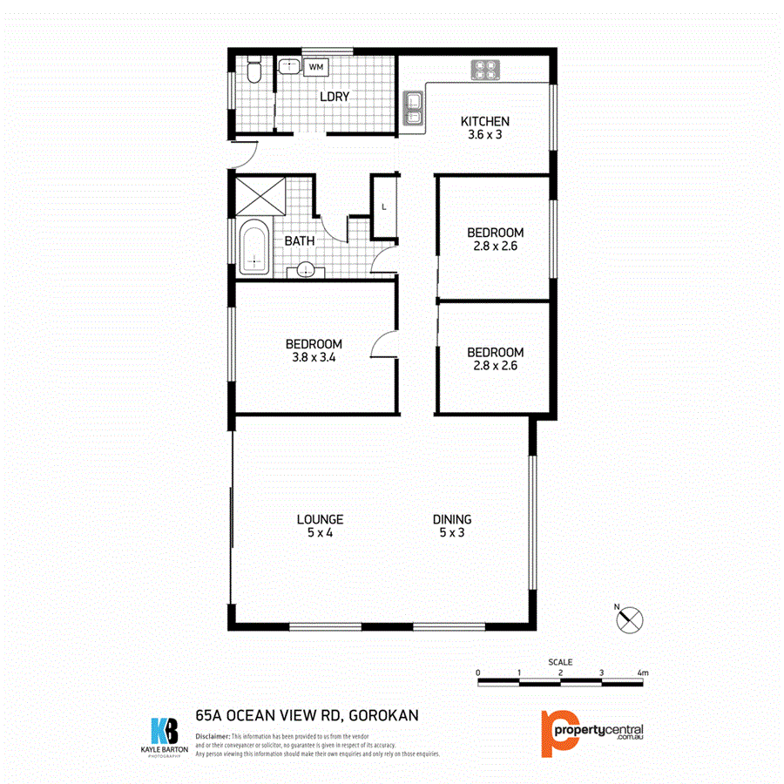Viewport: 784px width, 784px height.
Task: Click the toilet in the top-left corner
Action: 253,71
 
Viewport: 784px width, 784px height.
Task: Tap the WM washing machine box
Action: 315,66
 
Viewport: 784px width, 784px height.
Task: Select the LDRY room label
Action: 334,97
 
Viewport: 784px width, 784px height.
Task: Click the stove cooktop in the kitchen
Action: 485,69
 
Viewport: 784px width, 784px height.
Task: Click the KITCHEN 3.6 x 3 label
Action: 484,128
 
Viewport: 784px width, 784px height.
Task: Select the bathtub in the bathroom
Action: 253,250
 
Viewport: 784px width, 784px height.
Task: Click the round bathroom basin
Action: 306,270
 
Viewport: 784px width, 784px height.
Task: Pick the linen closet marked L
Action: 384,206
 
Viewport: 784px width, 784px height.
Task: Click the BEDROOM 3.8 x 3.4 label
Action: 314,351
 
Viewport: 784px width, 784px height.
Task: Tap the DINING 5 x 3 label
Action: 452,526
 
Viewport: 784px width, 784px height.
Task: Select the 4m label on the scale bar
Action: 643,673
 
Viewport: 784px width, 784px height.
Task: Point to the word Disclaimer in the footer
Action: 213,737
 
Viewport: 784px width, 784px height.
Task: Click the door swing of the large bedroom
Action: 383,347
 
